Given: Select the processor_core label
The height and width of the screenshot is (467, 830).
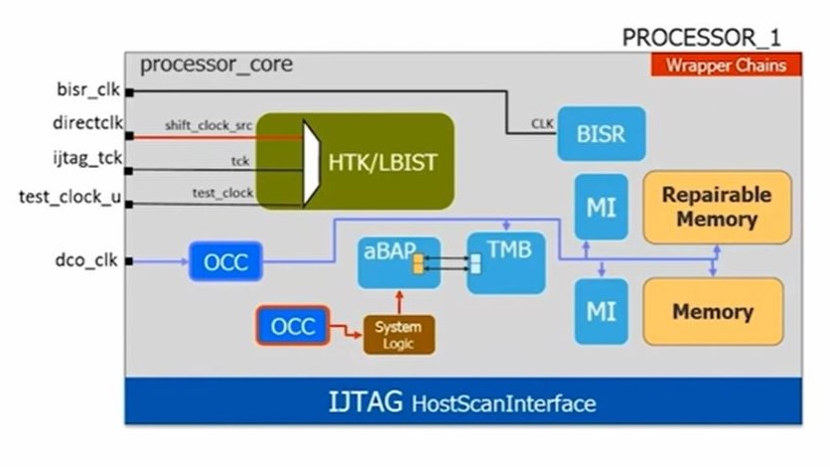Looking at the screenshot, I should click(215, 66).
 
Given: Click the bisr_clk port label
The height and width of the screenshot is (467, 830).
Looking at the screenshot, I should click(87, 90).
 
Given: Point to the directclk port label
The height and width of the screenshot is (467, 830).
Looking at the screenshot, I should click(86, 123).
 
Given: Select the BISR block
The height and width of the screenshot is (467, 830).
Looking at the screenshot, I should click(602, 131).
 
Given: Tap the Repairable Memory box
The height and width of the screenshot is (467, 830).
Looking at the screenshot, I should click(716, 207).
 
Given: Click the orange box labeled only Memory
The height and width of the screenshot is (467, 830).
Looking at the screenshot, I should click(713, 311).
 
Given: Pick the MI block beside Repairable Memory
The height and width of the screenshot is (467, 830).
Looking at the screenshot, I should click(601, 206).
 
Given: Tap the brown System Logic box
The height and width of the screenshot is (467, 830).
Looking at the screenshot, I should click(398, 333).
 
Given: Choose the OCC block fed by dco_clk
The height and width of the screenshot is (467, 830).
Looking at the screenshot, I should click(226, 262).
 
